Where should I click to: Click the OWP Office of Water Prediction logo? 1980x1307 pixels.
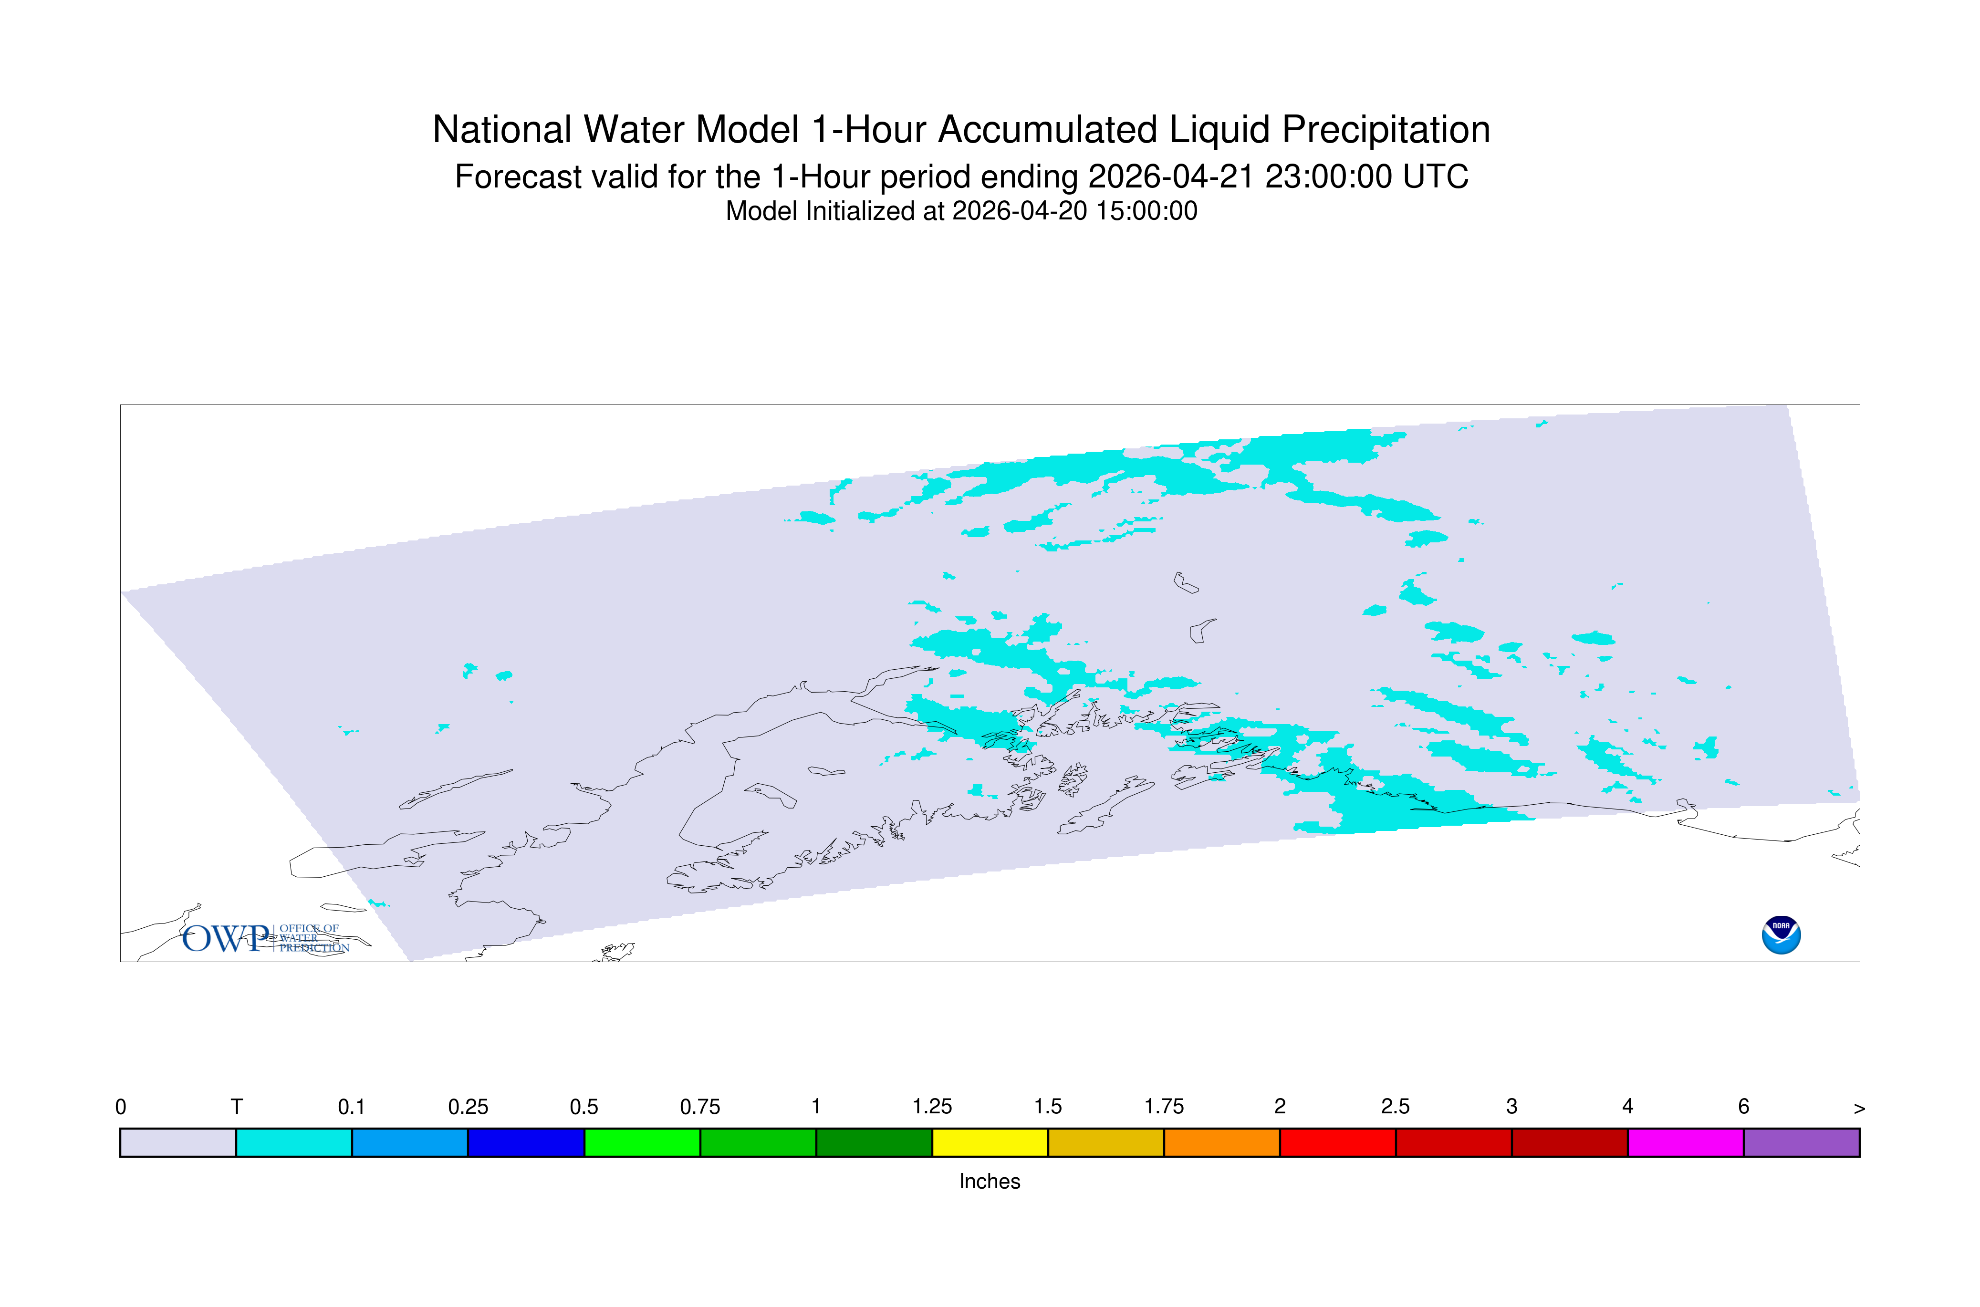click(x=266, y=938)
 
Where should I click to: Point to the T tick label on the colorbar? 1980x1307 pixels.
click(x=236, y=1107)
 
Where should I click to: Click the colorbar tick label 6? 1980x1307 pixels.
click(x=1743, y=1107)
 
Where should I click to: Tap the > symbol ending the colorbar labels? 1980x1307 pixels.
click(x=1859, y=1109)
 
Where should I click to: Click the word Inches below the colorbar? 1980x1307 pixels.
click(x=990, y=1181)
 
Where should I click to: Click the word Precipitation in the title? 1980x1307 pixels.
click(x=1386, y=130)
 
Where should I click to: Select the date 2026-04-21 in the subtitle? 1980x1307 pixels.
click(x=1172, y=176)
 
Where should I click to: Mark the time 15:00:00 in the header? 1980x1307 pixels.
click(x=1146, y=211)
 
